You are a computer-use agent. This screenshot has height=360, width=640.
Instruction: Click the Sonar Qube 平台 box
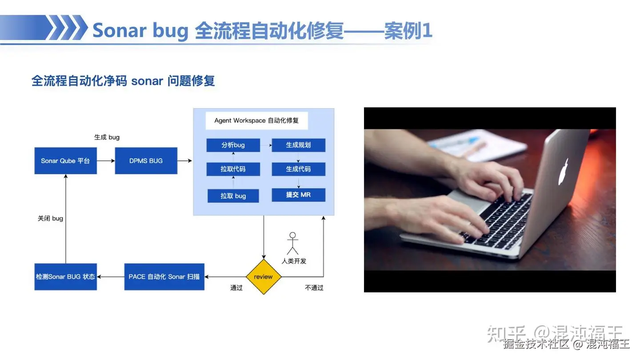[x=65, y=160]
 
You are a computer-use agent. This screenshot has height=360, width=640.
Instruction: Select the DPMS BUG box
[x=146, y=160]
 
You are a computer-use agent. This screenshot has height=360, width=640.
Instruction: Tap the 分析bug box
[x=233, y=145]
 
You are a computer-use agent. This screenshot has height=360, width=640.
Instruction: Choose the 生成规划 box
[x=298, y=145]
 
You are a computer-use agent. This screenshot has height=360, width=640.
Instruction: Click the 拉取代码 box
[x=233, y=169]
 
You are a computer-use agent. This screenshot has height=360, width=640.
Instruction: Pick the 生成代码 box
[x=298, y=169]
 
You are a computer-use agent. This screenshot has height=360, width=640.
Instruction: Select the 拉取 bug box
[x=233, y=196]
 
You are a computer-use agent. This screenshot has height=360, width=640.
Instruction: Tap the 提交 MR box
[x=298, y=195]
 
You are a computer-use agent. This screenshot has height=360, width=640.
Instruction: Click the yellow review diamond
[x=264, y=276]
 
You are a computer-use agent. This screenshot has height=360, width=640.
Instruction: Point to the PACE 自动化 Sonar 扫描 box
[x=164, y=276]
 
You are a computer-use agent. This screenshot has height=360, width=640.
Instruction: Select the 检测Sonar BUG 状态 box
[x=65, y=276]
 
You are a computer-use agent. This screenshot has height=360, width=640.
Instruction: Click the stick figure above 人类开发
[x=292, y=243]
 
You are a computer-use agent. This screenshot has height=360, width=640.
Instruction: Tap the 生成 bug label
[x=107, y=137]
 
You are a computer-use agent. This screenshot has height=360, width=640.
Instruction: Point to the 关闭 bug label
[x=50, y=218]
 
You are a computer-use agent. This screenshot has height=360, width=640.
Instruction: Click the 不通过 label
[x=314, y=288]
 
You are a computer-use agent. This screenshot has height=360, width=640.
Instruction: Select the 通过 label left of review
[x=236, y=288]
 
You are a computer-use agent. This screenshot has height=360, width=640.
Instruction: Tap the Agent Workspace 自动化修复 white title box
[x=256, y=120]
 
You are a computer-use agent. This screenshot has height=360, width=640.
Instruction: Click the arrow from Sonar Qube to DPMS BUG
[x=106, y=161]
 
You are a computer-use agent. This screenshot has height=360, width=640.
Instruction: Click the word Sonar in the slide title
[x=119, y=30]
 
